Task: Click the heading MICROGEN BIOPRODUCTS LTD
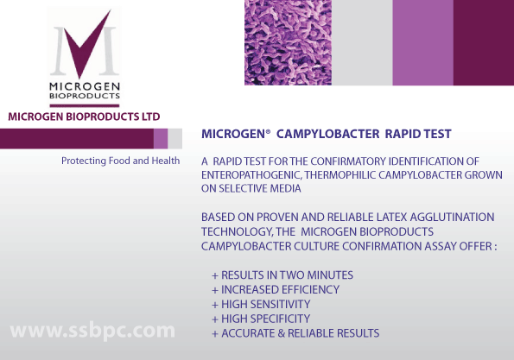pyautogui.click(x=84, y=117)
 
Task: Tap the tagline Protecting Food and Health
pyautogui.click(x=121, y=161)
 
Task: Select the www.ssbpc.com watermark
pyautogui.click(x=92, y=331)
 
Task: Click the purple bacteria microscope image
pyautogui.click(x=289, y=42)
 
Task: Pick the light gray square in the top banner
pyautogui.click(x=362, y=42)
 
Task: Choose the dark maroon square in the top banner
pyautogui.click(x=484, y=42)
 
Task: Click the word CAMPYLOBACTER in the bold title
pyautogui.click(x=327, y=134)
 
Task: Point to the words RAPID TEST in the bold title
pyautogui.click(x=418, y=134)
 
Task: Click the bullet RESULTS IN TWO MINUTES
pyautogui.click(x=287, y=275)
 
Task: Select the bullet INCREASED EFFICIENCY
pyautogui.click(x=280, y=289)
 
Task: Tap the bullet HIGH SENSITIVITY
pyautogui.click(x=265, y=304)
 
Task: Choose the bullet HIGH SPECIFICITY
pyautogui.click(x=265, y=319)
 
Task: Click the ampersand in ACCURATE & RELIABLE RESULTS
pyautogui.click(x=282, y=333)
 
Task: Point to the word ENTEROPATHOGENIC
pyautogui.click(x=251, y=175)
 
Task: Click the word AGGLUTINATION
pyautogui.click(x=452, y=218)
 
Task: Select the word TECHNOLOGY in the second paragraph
pyautogui.click(x=237, y=232)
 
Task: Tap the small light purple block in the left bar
pyautogui.click(x=161, y=139)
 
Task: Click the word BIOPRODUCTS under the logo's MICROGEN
pyautogui.click(x=85, y=96)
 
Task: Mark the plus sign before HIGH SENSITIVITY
pyautogui.click(x=215, y=305)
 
